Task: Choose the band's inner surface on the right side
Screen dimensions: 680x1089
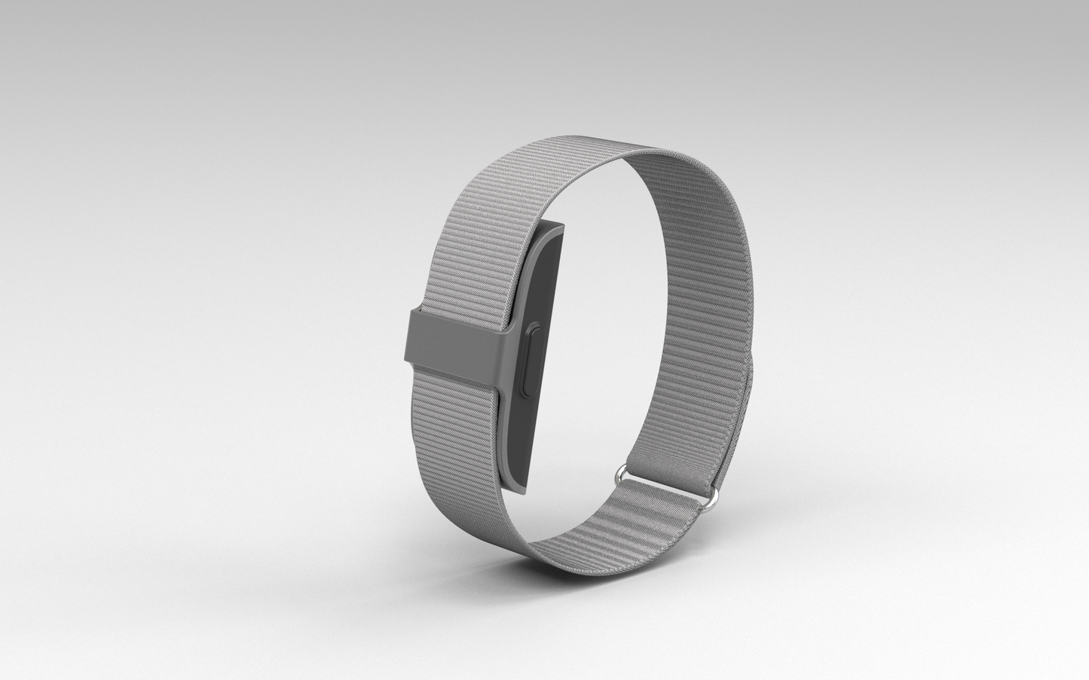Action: click(x=678, y=301)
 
